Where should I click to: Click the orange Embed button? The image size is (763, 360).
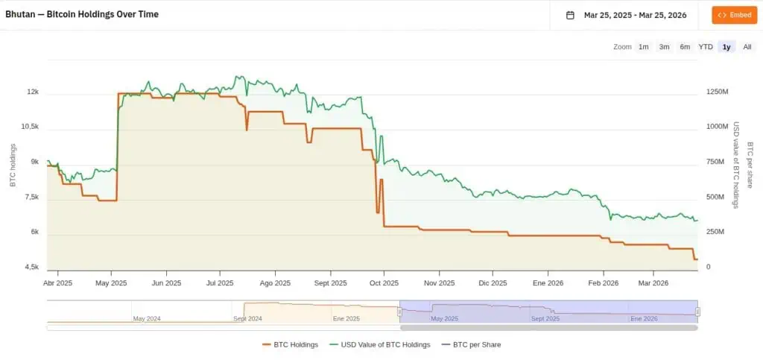point(734,15)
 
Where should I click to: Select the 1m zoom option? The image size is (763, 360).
point(643,47)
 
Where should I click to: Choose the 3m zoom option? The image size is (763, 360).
point(664,47)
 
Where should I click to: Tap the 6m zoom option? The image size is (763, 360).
point(685,47)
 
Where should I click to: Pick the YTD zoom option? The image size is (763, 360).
point(706,47)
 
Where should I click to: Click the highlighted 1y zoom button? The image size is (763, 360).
point(726,47)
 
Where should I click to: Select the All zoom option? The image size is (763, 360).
point(747,47)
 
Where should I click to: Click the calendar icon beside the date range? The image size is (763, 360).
point(570,15)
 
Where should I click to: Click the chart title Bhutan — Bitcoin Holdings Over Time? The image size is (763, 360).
point(82,14)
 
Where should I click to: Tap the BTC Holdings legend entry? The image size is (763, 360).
point(291,344)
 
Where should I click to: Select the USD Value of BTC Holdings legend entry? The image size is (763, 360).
point(381,344)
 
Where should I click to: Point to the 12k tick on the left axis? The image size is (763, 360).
point(33,92)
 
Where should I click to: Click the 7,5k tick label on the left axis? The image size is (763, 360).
point(31,198)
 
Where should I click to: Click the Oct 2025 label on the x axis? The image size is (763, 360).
point(385,283)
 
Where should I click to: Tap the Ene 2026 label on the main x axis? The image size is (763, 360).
point(548,283)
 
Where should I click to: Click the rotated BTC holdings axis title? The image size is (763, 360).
point(13,165)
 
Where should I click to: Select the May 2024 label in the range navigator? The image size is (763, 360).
point(147,318)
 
